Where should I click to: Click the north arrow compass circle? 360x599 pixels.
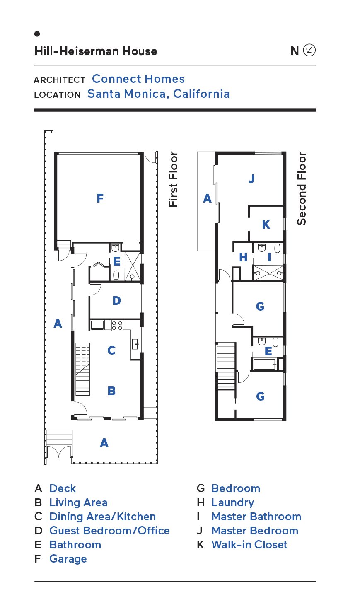309,50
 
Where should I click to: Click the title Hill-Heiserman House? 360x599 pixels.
96,51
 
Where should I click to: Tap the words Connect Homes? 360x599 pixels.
138,79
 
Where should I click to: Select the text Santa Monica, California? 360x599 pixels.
159,94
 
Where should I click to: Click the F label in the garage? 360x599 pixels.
100,198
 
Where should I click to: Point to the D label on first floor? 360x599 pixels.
116,301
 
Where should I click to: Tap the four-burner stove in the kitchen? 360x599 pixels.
117,326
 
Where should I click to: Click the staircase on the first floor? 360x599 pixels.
82,369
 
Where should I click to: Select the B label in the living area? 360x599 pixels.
111,391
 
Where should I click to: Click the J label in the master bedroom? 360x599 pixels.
251,179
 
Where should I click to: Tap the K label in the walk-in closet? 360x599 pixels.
266,225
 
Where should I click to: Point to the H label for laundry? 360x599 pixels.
243,257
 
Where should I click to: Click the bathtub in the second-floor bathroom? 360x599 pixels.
265,364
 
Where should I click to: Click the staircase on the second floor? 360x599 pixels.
226,365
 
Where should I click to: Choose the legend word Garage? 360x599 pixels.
68,559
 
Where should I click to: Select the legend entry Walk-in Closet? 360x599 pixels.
249,545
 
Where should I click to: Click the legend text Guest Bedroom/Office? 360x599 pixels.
110,531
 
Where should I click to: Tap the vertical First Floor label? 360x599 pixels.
173,179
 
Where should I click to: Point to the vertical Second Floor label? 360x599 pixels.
302,188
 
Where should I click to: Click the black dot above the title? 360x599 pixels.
37,34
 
